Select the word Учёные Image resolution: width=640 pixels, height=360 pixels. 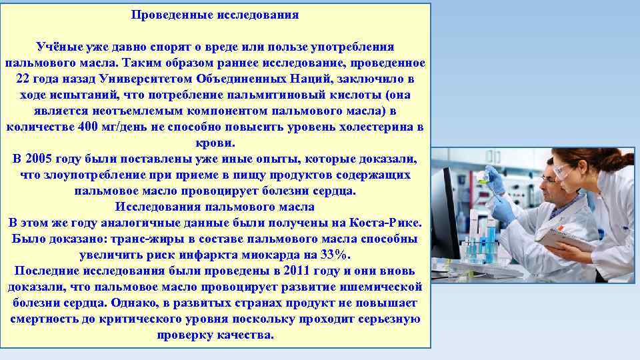[x=57, y=47]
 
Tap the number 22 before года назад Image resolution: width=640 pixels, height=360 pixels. [x=23, y=79]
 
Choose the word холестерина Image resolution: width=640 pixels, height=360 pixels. [x=374, y=127]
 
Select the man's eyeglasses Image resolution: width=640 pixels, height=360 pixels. [x=548, y=179]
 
